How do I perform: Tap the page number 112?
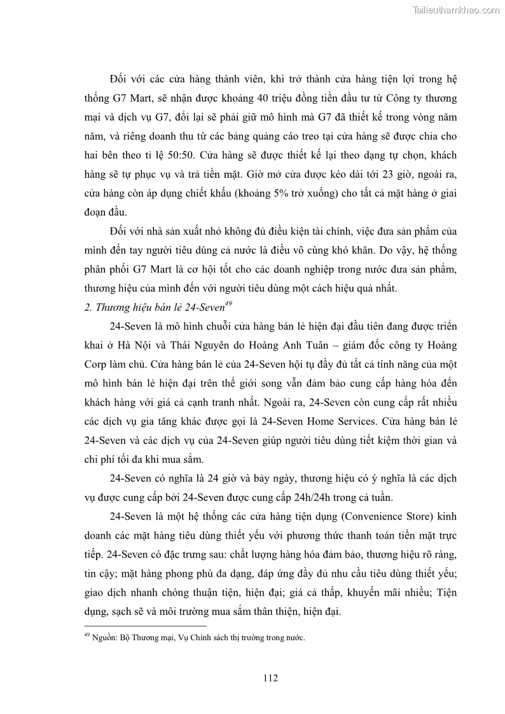pyautogui.click(x=270, y=678)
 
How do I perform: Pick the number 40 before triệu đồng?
pyautogui.click(x=265, y=100)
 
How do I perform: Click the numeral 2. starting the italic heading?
pyautogui.click(x=88, y=307)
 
